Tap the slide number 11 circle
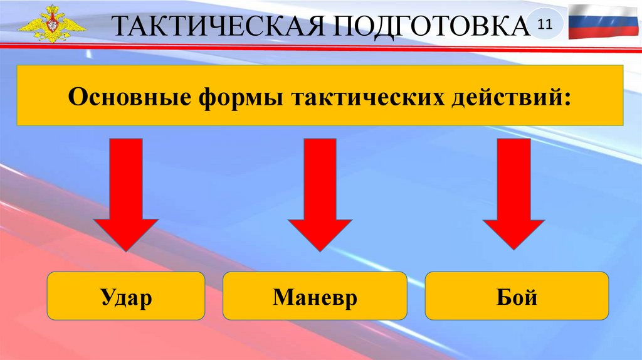(x=544, y=24)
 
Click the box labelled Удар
(x=126, y=296)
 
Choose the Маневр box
(x=315, y=296)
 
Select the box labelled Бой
(x=517, y=296)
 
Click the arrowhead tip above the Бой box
(x=513, y=250)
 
